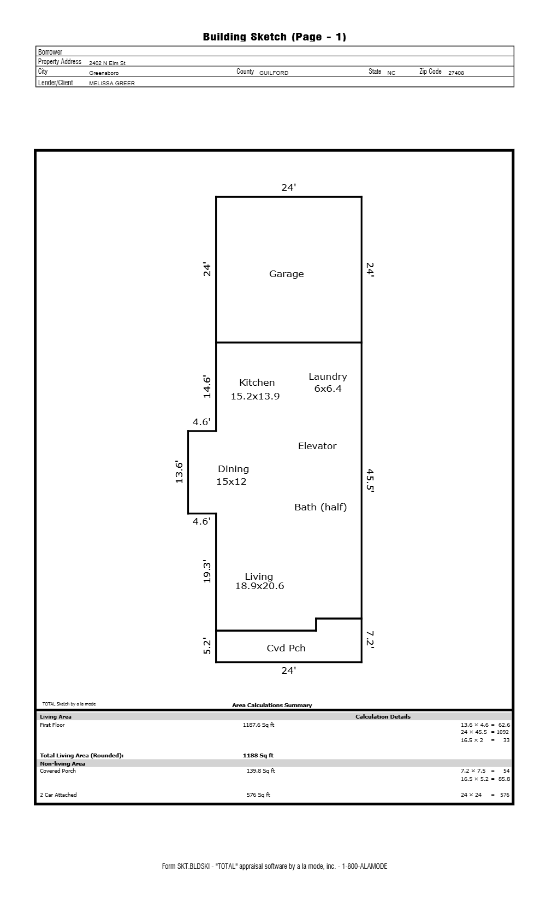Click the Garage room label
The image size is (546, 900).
pyautogui.click(x=286, y=274)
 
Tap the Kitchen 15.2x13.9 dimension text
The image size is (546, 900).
pyautogui.click(x=256, y=396)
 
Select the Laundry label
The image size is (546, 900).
pyautogui.click(x=328, y=377)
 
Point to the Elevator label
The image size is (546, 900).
pyautogui.click(x=317, y=446)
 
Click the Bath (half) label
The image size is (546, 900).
pyautogui.click(x=321, y=507)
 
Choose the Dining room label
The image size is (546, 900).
pyautogui.click(x=233, y=469)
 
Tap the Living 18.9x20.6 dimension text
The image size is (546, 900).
pyautogui.click(x=260, y=586)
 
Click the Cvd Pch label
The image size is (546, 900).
pyautogui.click(x=286, y=648)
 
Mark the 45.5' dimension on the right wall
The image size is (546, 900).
pyautogui.click(x=370, y=480)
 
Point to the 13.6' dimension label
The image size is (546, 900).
pyautogui.click(x=179, y=473)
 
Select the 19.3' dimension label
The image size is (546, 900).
pyautogui.click(x=207, y=572)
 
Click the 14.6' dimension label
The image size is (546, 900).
pyautogui.click(x=207, y=387)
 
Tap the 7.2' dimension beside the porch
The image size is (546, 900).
pyautogui.click(x=370, y=640)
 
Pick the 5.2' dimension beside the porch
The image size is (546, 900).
pyautogui.click(x=207, y=646)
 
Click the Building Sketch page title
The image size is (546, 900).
pyautogui.click(x=274, y=37)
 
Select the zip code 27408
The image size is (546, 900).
pyautogui.click(x=456, y=73)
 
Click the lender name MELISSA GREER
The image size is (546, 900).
pyautogui.click(x=112, y=83)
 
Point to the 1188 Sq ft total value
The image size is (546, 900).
pyautogui.click(x=258, y=755)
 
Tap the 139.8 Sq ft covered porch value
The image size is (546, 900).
pyautogui.click(x=261, y=770)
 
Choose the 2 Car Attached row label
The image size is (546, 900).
pyautogui.click(x=58, y=795)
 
